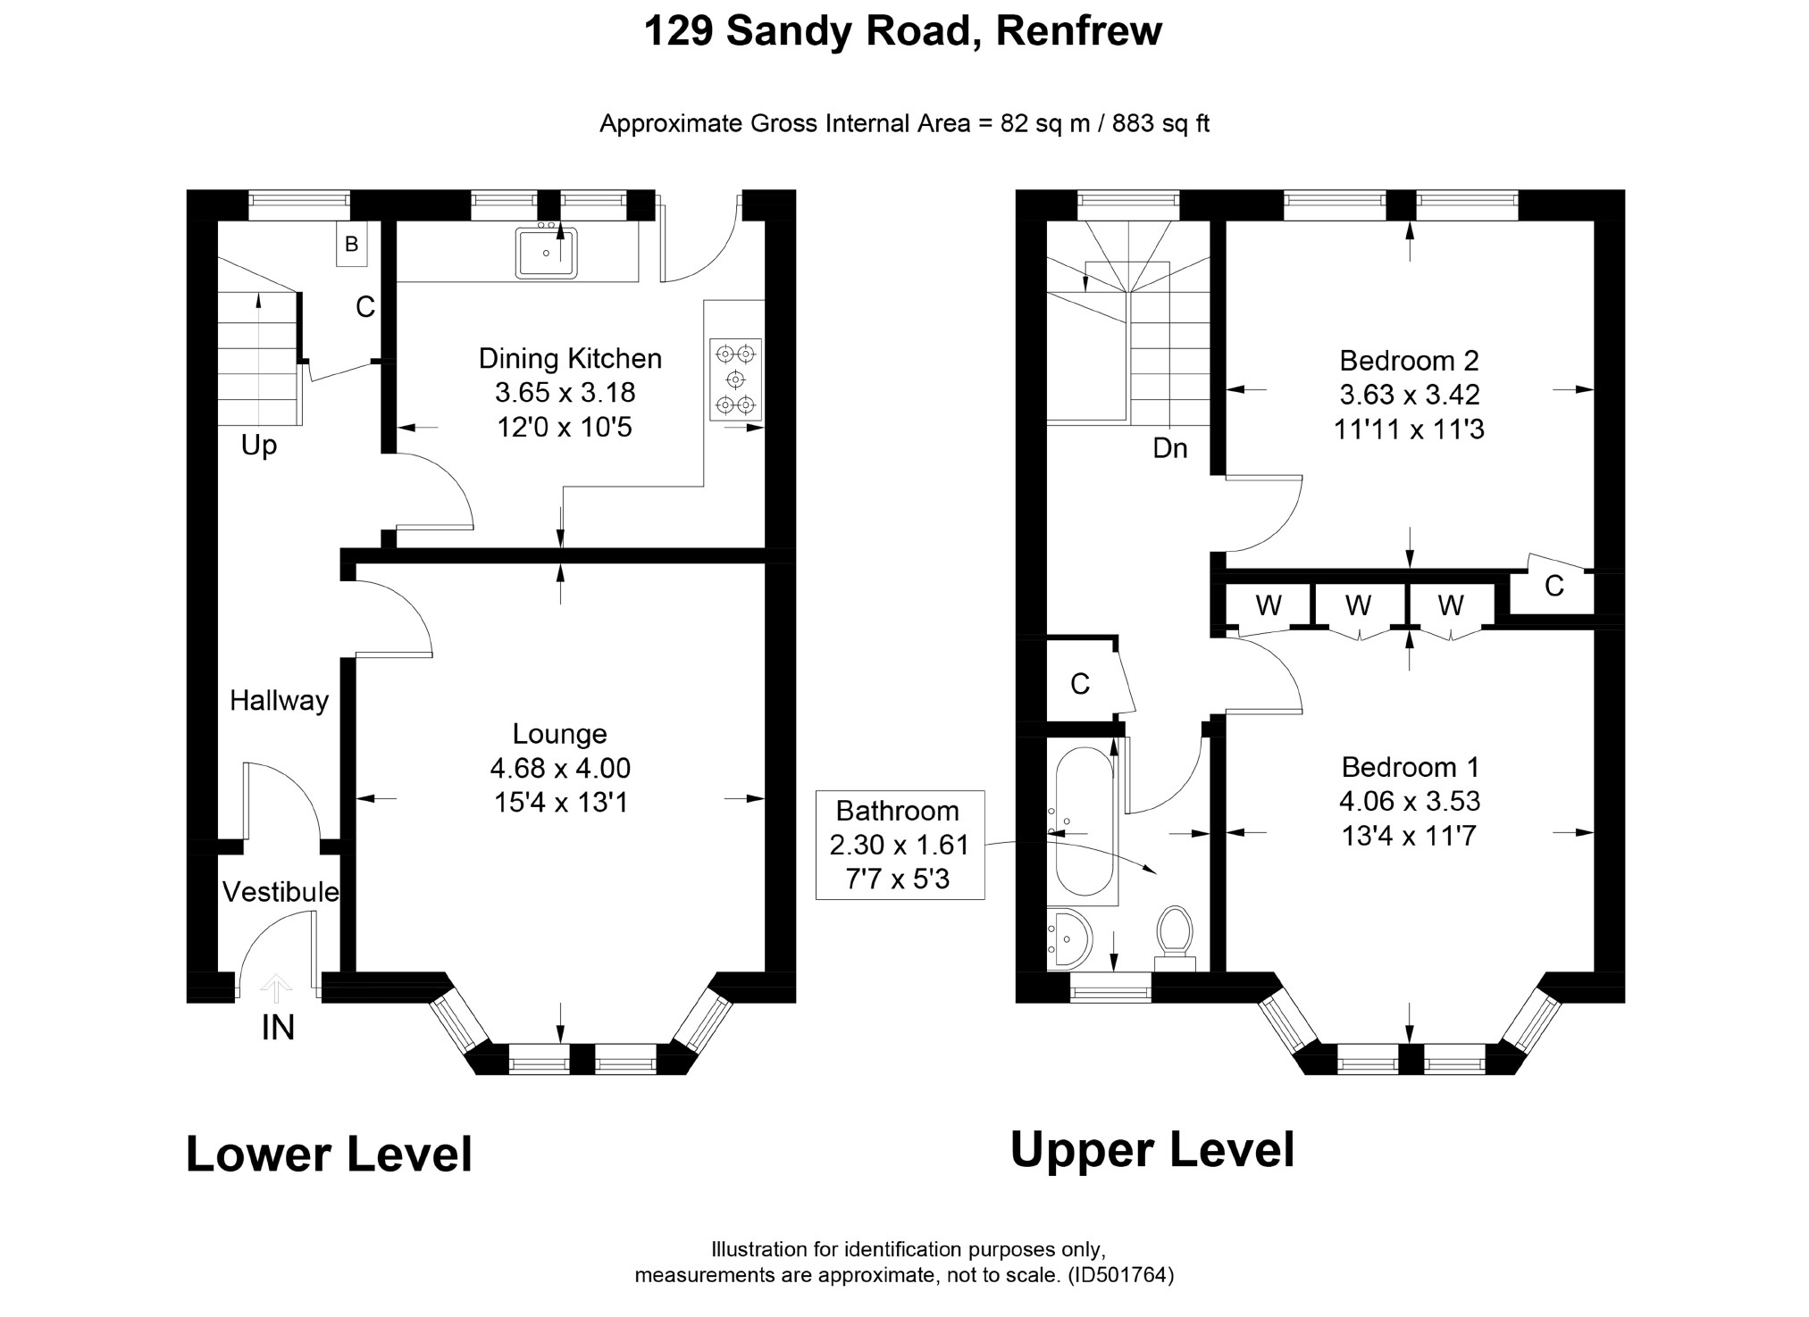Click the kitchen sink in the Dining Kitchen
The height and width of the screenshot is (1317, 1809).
click(x=546, y=252)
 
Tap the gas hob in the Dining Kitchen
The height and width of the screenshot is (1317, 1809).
click(x=735, y=379)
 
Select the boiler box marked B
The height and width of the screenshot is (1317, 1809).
click(x=351, y=244)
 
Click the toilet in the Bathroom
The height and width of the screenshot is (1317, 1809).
click(x=1175, y=938)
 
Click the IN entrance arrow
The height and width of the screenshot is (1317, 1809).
click(x=276, y=989)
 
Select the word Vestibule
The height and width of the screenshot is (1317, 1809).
click(x=281, y=892)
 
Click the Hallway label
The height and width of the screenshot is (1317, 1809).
click(x=279, y=701)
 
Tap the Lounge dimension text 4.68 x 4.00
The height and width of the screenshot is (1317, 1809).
click(x=560, y=768)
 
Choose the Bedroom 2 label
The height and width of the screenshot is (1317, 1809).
click(x=1409, y=361)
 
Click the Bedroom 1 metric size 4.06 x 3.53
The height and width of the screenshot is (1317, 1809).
click(x=1410, y=801)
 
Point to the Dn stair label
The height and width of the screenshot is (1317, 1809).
click(x=1169, y=448)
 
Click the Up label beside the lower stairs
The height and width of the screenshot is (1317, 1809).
click(x=259, y=446)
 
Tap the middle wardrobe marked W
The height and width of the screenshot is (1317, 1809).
click(x=1359, y=606)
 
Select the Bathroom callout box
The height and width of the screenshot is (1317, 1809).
click(x=900, y=845)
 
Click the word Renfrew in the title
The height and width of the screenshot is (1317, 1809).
click(x=1078, y=31)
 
